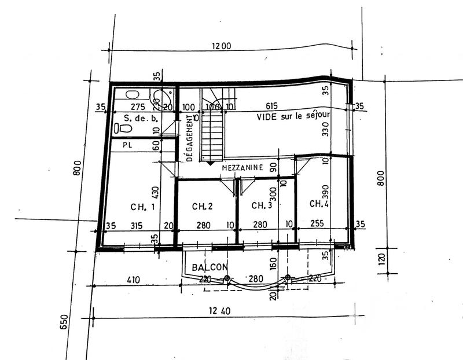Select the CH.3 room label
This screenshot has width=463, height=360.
[x=262, y=205]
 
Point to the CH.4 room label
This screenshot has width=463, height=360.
[x=320, y=204]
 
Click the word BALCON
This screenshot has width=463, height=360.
[x=209, y=268]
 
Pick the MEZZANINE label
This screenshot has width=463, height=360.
[x=243, y=167]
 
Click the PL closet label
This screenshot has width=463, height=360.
[x=127, y=145]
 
